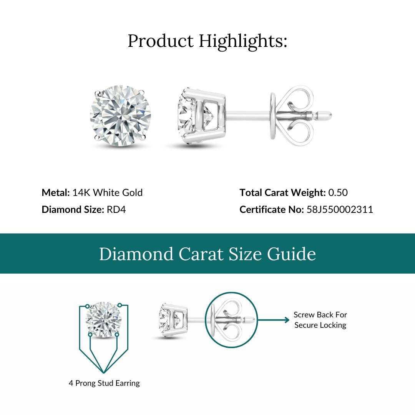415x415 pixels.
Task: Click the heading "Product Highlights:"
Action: pos(207,41)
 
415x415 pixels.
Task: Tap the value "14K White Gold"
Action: pos(107,193)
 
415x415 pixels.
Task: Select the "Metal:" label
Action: pos(56,193)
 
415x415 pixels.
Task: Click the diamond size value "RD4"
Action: pos(116,209)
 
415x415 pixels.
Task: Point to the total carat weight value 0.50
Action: pos(338,193)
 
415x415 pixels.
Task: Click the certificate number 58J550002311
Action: pos(340,209)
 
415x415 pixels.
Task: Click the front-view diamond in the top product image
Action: pos(120,115)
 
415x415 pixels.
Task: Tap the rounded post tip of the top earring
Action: pos(327,115)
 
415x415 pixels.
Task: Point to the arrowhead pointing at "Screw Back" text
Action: pos(287,320)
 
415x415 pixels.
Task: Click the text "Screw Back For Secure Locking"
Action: pos(320,320)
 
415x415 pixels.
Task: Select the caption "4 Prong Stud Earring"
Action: pos(104,383)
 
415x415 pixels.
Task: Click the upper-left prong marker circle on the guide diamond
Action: pos(87,306)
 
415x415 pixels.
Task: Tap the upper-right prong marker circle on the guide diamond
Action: pos(120,305)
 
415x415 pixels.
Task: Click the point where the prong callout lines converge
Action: pos(104,372)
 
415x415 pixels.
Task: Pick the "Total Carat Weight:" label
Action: pos(282,193)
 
